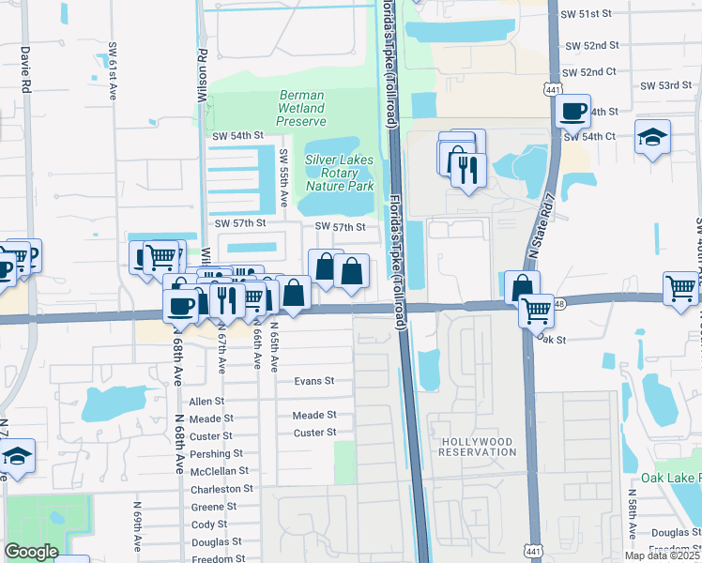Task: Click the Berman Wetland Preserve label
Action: click(302, 108)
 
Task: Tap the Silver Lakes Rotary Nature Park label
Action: click(339, 173)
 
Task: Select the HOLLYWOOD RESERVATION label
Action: click(478, 447)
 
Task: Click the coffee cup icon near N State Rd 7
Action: click(572, 113)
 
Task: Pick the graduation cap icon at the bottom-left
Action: click(17, 457)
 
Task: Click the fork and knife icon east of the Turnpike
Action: click(465, 170)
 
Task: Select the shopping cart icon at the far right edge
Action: click(681, 288)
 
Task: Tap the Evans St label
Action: click(314, 381)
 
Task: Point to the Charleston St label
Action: click(221, 489)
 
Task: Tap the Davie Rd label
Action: click(25, 68)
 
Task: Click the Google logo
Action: click(31, 552)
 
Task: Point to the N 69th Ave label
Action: click(137, 531)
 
